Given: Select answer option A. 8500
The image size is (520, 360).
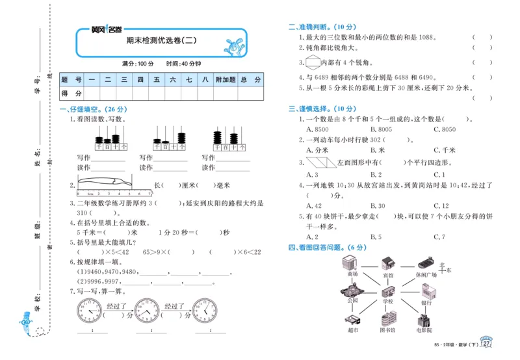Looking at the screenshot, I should click(318, 129).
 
